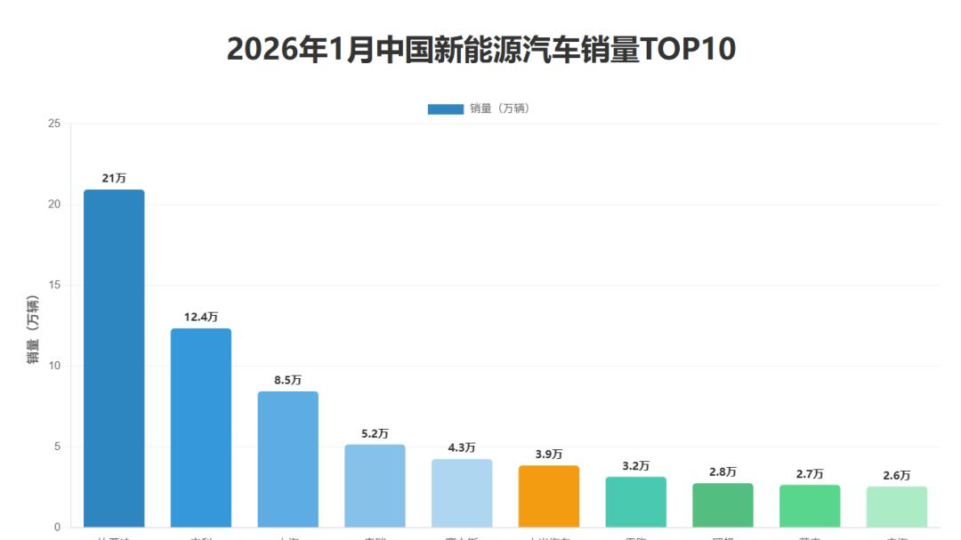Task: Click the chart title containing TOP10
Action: tap(481, 50)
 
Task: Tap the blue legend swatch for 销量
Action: tap(445, 109)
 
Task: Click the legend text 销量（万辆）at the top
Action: tap(499, 109)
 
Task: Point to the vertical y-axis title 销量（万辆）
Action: tap(33, 328)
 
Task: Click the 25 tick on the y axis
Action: tap(54, 124)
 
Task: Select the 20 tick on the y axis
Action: tap(54, 205)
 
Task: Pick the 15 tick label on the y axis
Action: tap(54, 286)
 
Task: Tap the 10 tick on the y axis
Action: tap(54, 366)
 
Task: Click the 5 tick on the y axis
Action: tap(57, 447)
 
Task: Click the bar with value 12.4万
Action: tap(201, 427)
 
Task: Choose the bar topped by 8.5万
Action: tap(287, 459)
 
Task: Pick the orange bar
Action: tap(549, 496)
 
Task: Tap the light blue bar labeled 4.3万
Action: tap(462, 493)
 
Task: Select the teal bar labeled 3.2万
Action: tap(635, 502)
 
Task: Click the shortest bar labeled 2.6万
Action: tap(897, 506)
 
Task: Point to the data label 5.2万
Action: tap(375, 434)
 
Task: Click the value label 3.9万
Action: tap(549, 455)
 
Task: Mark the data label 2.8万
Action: tap(723, 472)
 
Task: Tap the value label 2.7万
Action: tap(810, 474)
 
